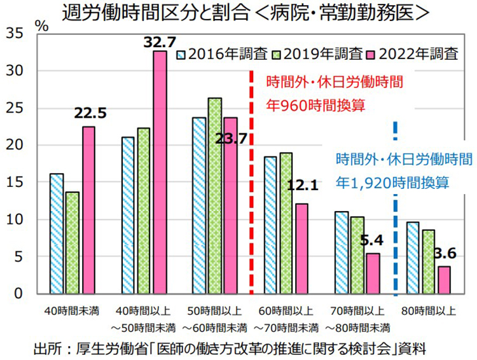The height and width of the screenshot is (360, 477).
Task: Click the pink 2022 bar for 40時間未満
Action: coord(88,210)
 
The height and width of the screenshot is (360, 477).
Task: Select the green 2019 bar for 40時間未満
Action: coord(73,242)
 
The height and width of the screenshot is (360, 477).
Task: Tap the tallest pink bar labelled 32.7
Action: coord(160,172)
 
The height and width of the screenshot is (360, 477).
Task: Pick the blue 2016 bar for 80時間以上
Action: coord(412,258)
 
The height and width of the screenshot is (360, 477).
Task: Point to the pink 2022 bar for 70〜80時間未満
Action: coord(373,273)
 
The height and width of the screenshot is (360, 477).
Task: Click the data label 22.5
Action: coord(90,114)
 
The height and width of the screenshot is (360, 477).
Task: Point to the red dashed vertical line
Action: coord(251,191)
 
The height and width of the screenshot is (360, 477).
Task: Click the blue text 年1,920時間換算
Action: coord(393,183)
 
